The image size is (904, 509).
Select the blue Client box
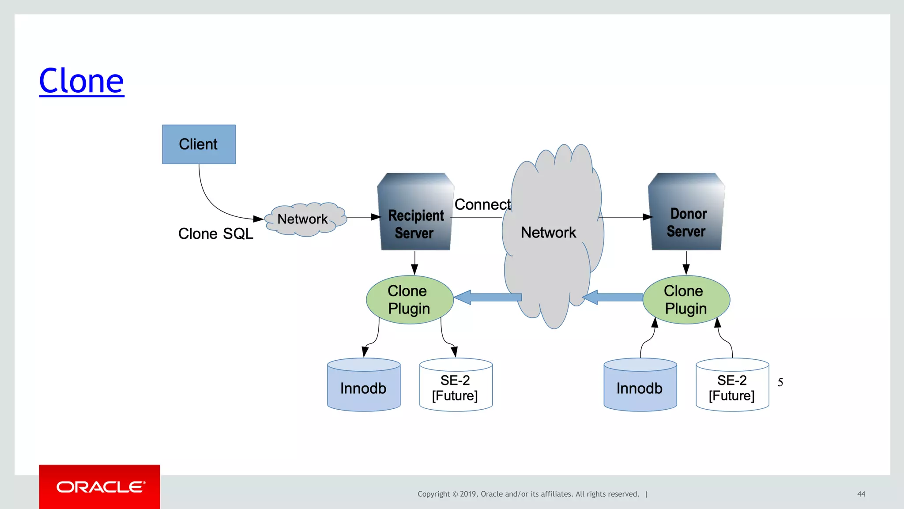coord(199,144)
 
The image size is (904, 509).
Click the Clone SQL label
coord(215,234)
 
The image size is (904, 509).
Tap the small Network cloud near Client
coord(305,219)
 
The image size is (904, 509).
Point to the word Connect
coord(482,204)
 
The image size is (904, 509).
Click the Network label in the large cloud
coord(548,233)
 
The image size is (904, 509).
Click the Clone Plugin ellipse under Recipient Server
coord(409,300)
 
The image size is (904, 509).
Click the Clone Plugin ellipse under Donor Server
coord(686,300)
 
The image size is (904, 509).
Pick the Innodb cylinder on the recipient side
coord(364,385)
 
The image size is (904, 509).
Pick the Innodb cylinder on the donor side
coord(640,385)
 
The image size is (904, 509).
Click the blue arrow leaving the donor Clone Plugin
coord(614,297)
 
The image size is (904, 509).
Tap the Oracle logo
coord(100,487)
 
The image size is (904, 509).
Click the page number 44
coord(861,494)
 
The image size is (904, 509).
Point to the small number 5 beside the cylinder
coord(780,382)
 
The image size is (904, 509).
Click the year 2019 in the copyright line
coord(468,494)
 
